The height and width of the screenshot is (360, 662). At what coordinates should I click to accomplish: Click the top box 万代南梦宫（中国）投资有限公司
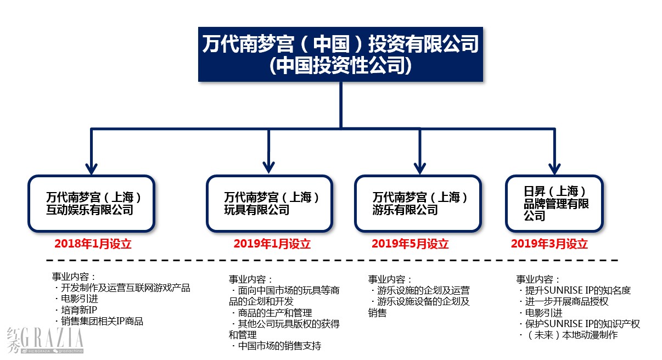pyautogui.click(x=340, y=54)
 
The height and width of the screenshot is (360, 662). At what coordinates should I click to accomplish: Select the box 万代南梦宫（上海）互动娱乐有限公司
pyautogui.click(x=91, y=204)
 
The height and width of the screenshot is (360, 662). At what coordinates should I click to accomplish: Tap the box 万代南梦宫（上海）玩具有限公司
pyautogui.click(x=270, y=204)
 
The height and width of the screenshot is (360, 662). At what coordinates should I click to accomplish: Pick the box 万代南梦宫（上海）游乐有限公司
pyautogui.click(x=418, y=204)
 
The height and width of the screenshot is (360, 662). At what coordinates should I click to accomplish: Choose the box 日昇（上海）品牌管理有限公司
pyautogui.click(x=554, y=204)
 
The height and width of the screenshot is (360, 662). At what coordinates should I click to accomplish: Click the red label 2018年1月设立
pyautogui.click(x=93, y=244)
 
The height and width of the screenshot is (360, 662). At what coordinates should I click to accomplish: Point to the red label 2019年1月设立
pyautogui.click(x=272, y=244)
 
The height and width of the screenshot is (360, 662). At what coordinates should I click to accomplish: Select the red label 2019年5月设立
pyautogui.click(x=410, y=244)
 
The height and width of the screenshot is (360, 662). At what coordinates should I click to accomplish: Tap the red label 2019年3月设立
pyautogui.click(x=549, y=244)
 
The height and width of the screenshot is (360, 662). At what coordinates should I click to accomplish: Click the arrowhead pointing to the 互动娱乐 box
pyautogui.click(x=91, y=168)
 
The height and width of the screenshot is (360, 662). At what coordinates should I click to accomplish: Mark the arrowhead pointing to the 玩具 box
pyautogui.click(x=268, y=167)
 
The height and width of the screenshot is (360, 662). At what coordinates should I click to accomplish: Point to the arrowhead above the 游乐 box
pyautogui.click(x=420, y=168)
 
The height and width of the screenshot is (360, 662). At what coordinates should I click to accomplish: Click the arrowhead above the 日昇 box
pyautogui.click(x=554, y=169)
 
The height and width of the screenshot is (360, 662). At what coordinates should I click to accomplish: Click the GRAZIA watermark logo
pyautogui.click(x=45, y=340)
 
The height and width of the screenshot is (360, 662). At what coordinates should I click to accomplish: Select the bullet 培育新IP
pyautogui.click(x=76, y=310)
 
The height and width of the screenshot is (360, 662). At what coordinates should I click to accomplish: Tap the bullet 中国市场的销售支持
pyautogui.click(x=276, y=346)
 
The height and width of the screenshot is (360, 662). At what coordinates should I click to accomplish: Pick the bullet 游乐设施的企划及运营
pyautogui.click(x=420, y=290)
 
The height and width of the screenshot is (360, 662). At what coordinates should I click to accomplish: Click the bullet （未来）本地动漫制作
pyautogui.click(x=568, y=335)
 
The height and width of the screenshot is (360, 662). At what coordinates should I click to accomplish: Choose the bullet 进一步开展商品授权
pyautogui.click(x=564, y=301)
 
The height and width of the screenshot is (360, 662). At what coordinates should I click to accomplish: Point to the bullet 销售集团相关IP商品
pyautogui.click(x=99, y=321)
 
